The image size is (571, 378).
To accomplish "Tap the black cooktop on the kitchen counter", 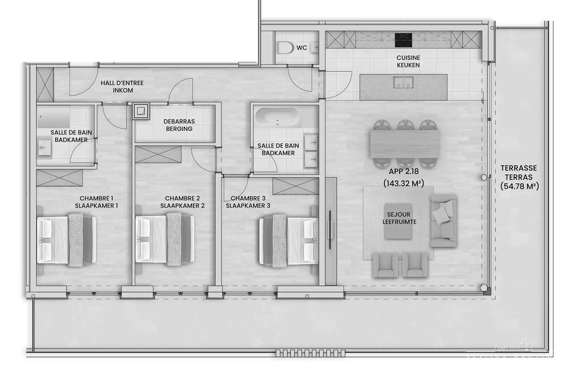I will point(403,40).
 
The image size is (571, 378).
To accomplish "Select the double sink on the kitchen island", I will point(403,82).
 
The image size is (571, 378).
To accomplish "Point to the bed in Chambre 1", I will point(66,240).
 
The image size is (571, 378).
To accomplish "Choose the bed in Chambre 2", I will point(165,240).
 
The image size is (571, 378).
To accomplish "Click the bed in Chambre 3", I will point(288,240).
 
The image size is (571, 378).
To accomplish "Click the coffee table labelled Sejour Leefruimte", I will point(398,221).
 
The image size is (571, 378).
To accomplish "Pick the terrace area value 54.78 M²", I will point(519,186).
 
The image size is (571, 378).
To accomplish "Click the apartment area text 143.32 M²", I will point(403,183).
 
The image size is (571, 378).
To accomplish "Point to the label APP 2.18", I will point(403,171).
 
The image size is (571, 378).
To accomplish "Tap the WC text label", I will point(301,48).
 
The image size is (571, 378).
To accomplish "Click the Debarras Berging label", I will point(179,125).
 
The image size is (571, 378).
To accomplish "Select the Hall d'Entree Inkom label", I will point(122,87).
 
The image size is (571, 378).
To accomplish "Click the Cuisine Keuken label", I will point(408,61).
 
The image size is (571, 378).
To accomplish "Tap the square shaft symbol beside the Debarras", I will point(141,111).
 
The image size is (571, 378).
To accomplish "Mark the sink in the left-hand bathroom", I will point(44,147).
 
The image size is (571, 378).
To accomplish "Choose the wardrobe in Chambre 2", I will point(158,154).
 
